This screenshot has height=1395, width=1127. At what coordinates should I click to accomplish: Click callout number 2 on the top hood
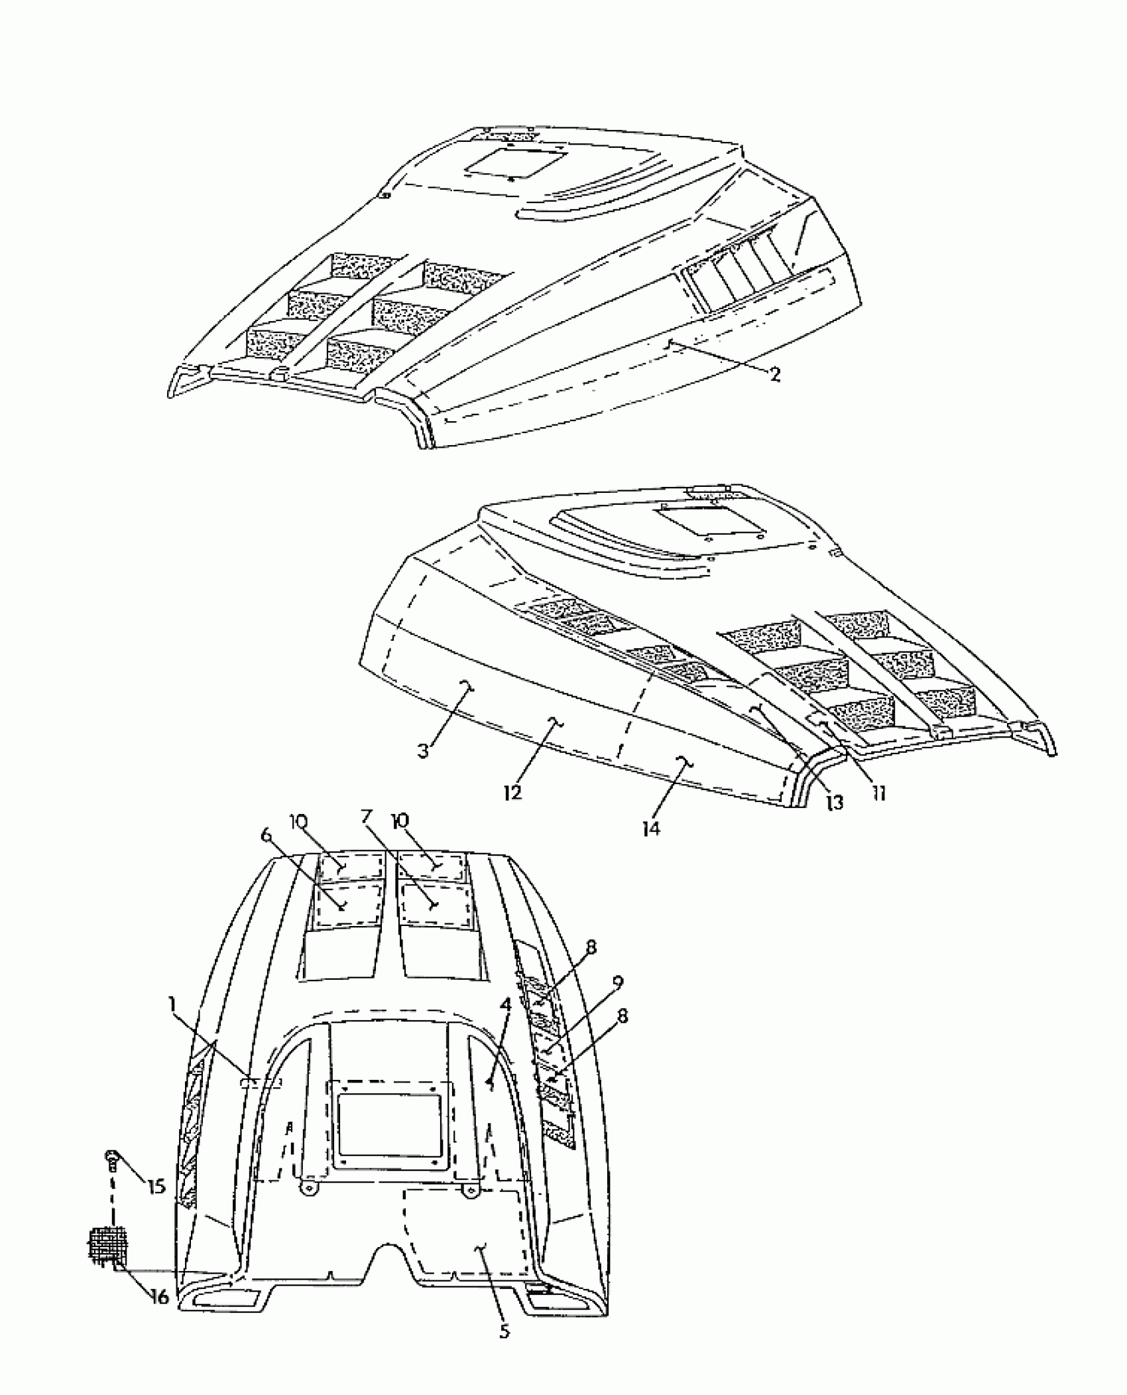coord(774,375)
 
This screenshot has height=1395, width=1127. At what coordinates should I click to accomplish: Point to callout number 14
coord(652,828)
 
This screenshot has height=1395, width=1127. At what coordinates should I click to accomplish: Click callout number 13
coord(835,803)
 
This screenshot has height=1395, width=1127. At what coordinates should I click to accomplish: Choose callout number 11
coord(879,793)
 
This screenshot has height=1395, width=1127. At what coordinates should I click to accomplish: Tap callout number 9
coord(618,982)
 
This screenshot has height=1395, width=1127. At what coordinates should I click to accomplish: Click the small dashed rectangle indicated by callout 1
coord(261,1083)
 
